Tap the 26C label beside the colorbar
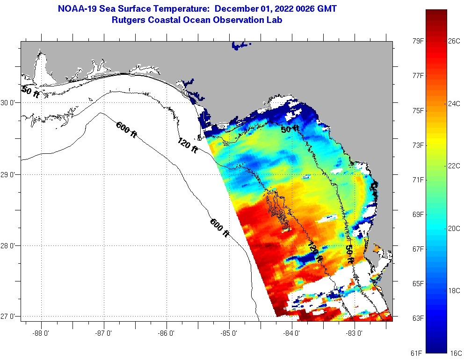(x=454, y=41)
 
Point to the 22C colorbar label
(x=454, y=166)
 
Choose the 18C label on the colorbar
(x=454, y=290)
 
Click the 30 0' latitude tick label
(x=9, y=103)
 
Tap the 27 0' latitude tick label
(x=9, y=317)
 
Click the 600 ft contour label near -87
(x=126, y=130)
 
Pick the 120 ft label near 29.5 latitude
(x=187, y=144)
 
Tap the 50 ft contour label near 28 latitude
(x=349, y=255)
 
